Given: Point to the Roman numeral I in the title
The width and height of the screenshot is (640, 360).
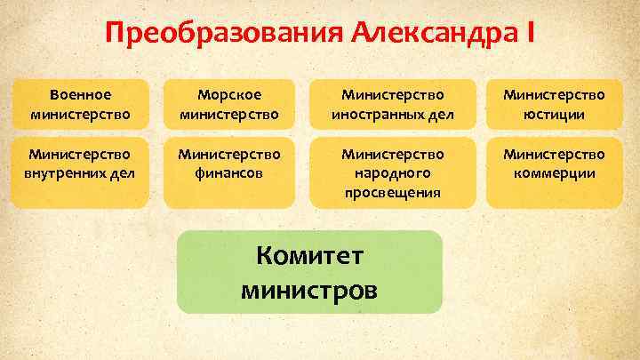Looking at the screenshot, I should coord(531,34).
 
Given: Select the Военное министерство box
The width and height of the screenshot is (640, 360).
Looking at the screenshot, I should coord(81,103).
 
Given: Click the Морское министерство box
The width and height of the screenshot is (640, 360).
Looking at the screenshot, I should coord(230,103).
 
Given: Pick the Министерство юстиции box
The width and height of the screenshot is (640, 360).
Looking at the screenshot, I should coord(553,103).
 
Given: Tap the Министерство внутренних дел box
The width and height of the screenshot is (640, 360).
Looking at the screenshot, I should coord(81,164).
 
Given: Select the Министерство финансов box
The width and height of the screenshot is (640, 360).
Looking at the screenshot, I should coord(230,164).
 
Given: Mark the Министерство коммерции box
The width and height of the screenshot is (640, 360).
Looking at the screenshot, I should coord(553,164).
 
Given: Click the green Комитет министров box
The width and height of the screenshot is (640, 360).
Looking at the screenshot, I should coord(309,272).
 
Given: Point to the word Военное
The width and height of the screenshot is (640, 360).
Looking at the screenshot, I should coord(81,93).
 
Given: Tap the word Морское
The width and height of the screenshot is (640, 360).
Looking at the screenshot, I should coord(229,93).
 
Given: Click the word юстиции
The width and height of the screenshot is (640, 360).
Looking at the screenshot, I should coord(554,114).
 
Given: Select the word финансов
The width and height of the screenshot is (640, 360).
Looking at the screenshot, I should coord(229,173).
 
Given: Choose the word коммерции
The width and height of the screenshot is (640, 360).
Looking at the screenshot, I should coord(554,173).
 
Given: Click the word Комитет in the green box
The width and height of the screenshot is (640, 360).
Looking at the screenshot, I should coord(308,257).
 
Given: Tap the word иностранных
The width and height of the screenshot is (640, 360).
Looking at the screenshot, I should coord(372,114).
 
